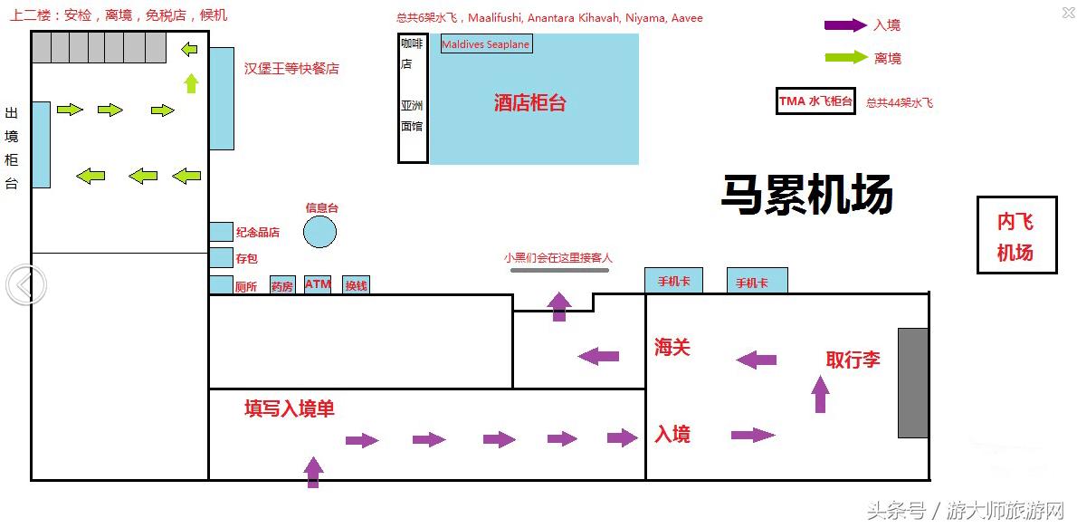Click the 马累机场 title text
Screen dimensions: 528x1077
coord(806,195)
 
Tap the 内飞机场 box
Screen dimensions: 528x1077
coord(1015,235)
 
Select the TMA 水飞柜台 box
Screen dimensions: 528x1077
coord(815,101)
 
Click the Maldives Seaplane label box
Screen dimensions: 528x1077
coord(486,44)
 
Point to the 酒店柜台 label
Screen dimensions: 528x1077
coord(529,103)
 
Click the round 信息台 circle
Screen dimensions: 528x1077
coord(319,232)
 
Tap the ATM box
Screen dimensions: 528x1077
coord(318,285)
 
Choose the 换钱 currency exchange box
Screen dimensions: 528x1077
coord(356,285)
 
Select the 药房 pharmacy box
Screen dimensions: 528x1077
coord(282,285)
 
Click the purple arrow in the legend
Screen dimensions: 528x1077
coord(845,25)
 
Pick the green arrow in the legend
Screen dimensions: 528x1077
coord(845,58)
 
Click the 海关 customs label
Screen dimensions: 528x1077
coord(672,347)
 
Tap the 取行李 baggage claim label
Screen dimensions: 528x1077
coord(853,360)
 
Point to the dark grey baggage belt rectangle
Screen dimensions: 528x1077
coord(913,382)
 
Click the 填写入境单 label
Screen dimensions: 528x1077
coord(290,408)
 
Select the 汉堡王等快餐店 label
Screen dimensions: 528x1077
coord(291,69)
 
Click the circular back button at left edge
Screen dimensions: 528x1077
coord(24,285)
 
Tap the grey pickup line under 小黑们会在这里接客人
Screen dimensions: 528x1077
coord(559,269)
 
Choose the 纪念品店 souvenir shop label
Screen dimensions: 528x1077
coord(257,233)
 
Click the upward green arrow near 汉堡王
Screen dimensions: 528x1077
coord(190,83)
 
